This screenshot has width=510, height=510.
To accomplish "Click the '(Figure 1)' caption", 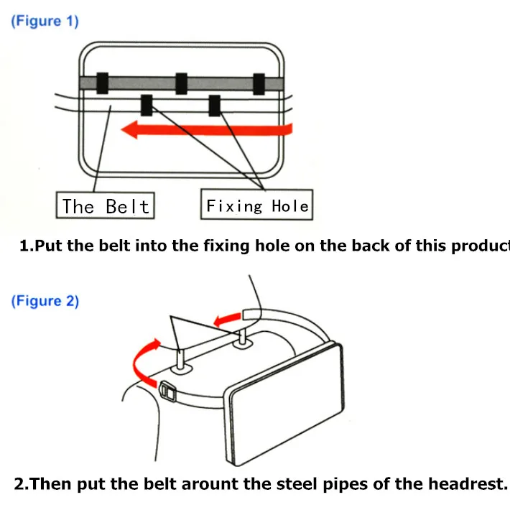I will coord(45,21).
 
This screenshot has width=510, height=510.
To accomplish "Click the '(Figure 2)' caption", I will coord(45,301).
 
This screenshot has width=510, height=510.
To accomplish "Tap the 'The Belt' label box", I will coord(105,206).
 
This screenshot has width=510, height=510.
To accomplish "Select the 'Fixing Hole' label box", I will coord(256,206).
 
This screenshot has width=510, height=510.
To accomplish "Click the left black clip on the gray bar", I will coord(102,83).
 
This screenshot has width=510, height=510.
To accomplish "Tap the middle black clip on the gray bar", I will coord(181,83).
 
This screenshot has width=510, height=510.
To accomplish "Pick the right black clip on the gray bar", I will coord(259,83).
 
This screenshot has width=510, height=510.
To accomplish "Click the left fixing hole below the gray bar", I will coord(147,106).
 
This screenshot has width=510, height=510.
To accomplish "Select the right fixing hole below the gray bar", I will coord(214,106).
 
